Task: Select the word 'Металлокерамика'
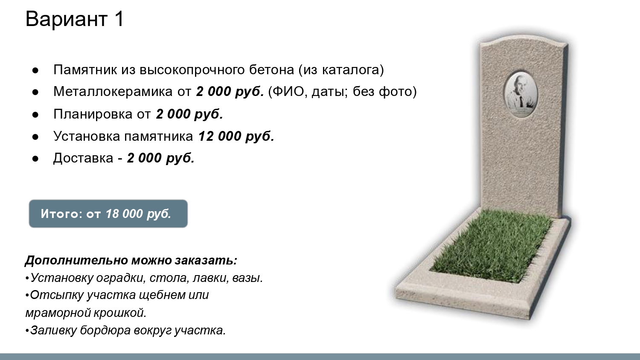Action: [113, 91]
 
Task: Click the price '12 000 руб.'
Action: [236, 136]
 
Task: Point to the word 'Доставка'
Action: [83, 158]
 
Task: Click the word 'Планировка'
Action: [93, 114]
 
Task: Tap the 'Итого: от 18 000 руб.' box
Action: [108, 214]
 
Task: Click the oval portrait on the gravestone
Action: [520, 95]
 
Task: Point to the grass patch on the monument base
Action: [492, 245]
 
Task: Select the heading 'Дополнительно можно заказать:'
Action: [131, 260]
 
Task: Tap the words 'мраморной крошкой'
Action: [86, 313]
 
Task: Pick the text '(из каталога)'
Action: [341, 70]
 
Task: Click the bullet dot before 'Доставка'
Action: [35, 158]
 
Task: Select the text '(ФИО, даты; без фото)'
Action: [343, 92]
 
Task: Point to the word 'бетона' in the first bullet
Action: [271, 70]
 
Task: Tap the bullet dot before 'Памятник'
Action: [35, 70]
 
